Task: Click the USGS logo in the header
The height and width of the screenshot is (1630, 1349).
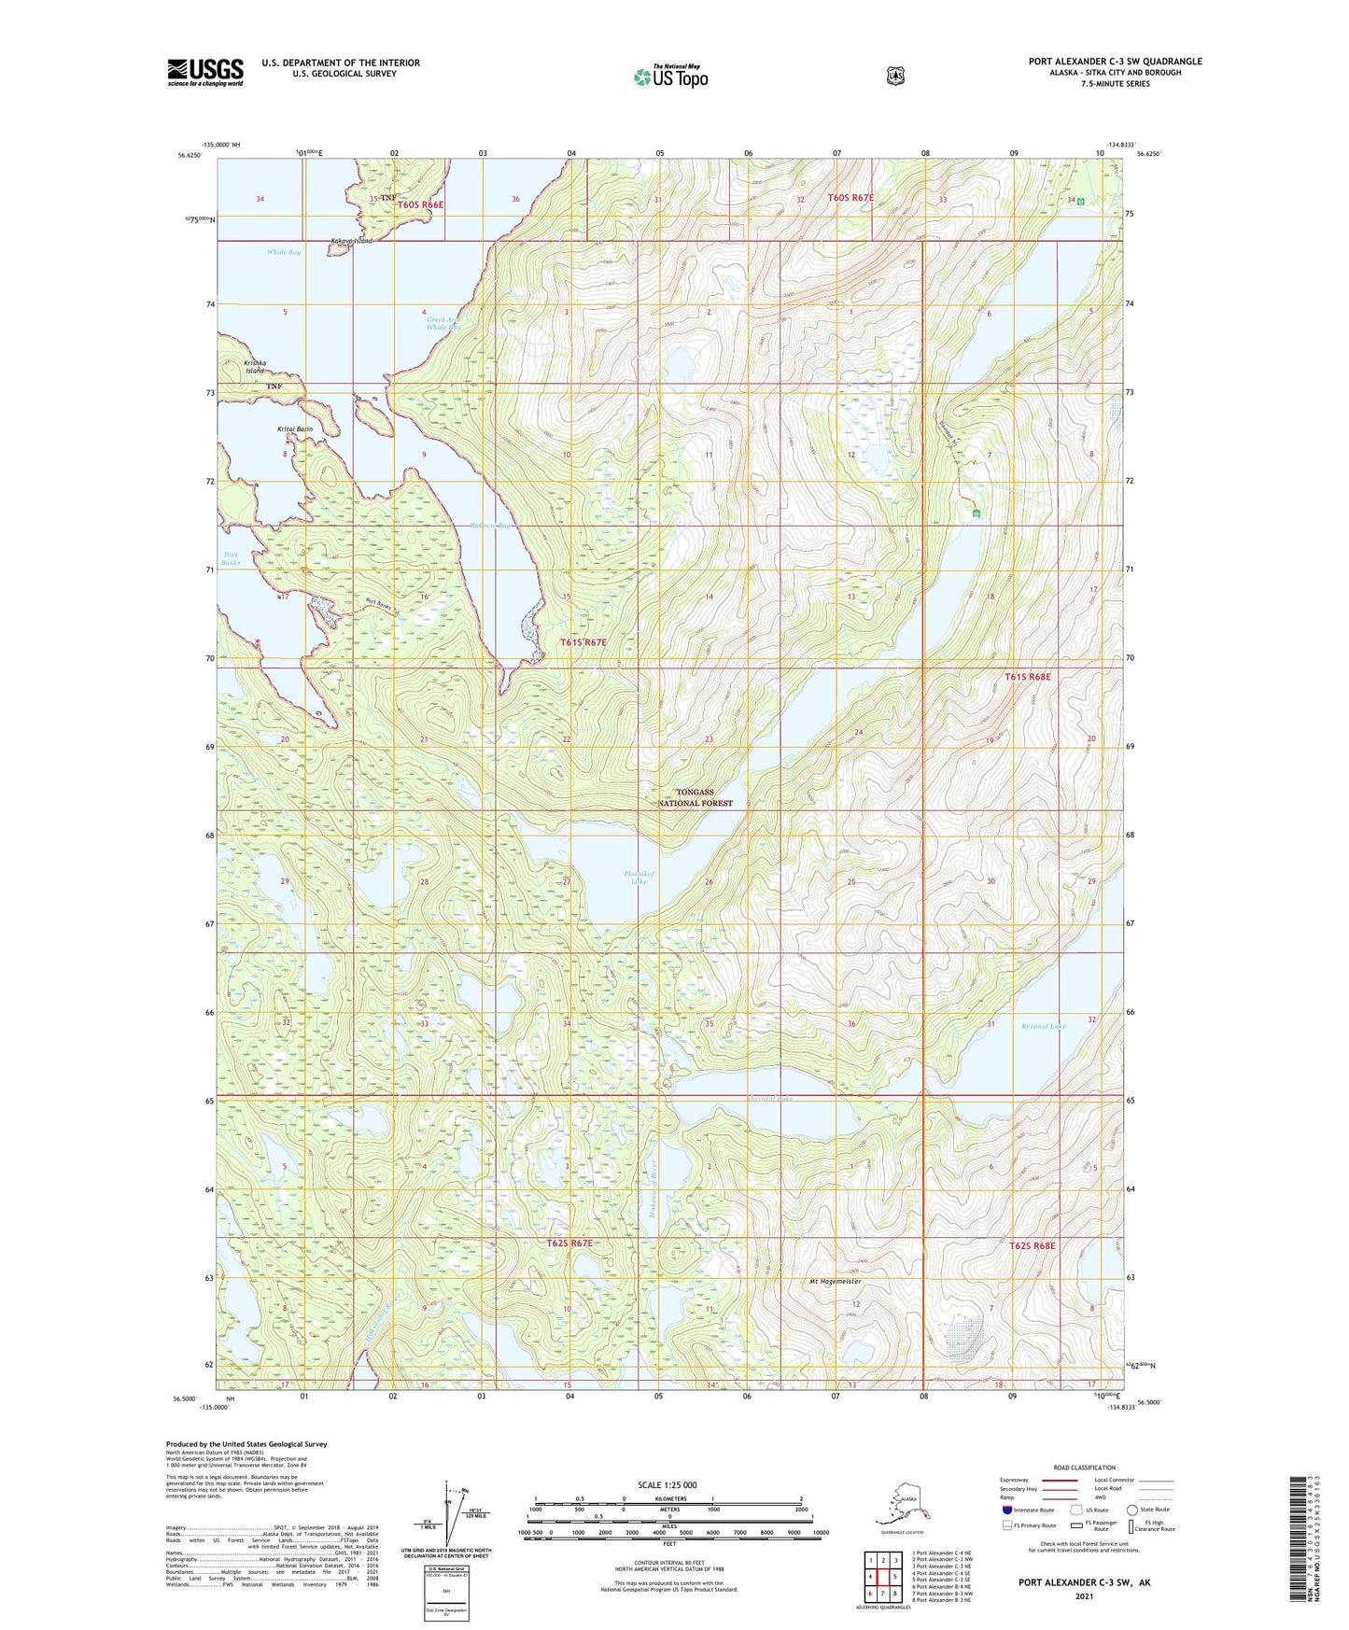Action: click(x=205, y=72)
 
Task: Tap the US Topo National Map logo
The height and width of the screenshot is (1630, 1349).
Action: click(x=670, y=76)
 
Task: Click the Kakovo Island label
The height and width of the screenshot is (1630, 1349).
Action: click(x=351, y=241)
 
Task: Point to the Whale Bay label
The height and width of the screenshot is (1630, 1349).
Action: click(x=284, y=252)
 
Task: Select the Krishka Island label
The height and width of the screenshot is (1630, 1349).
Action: click(x=255, y=367)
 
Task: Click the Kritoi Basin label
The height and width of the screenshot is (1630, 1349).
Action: click(x=295, y=429)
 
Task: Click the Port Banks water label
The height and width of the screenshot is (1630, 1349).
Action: click(x=231, y=558)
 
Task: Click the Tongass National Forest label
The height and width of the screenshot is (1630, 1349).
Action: click(x=696, y=797)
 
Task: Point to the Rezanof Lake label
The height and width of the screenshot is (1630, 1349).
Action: click(x=1044, y=1026)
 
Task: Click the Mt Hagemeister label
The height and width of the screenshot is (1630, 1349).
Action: click(x=835, y=1282)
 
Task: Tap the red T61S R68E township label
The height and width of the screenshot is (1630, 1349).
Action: click(x=1028, y=677)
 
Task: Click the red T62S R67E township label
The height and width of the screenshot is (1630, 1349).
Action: click(x=569, y=1243)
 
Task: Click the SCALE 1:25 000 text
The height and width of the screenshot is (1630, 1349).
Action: click(x=667, y=1484)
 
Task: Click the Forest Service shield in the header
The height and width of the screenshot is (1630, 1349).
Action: click(x=895, y=76)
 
